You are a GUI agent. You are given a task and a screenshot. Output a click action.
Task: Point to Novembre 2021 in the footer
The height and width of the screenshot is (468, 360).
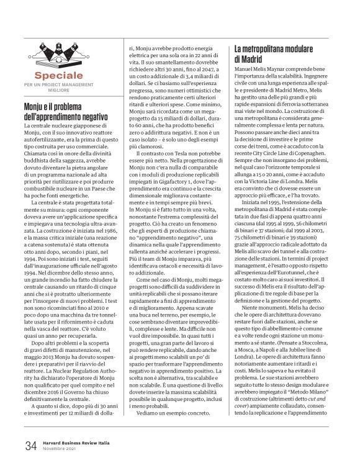(x=59, y=449)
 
